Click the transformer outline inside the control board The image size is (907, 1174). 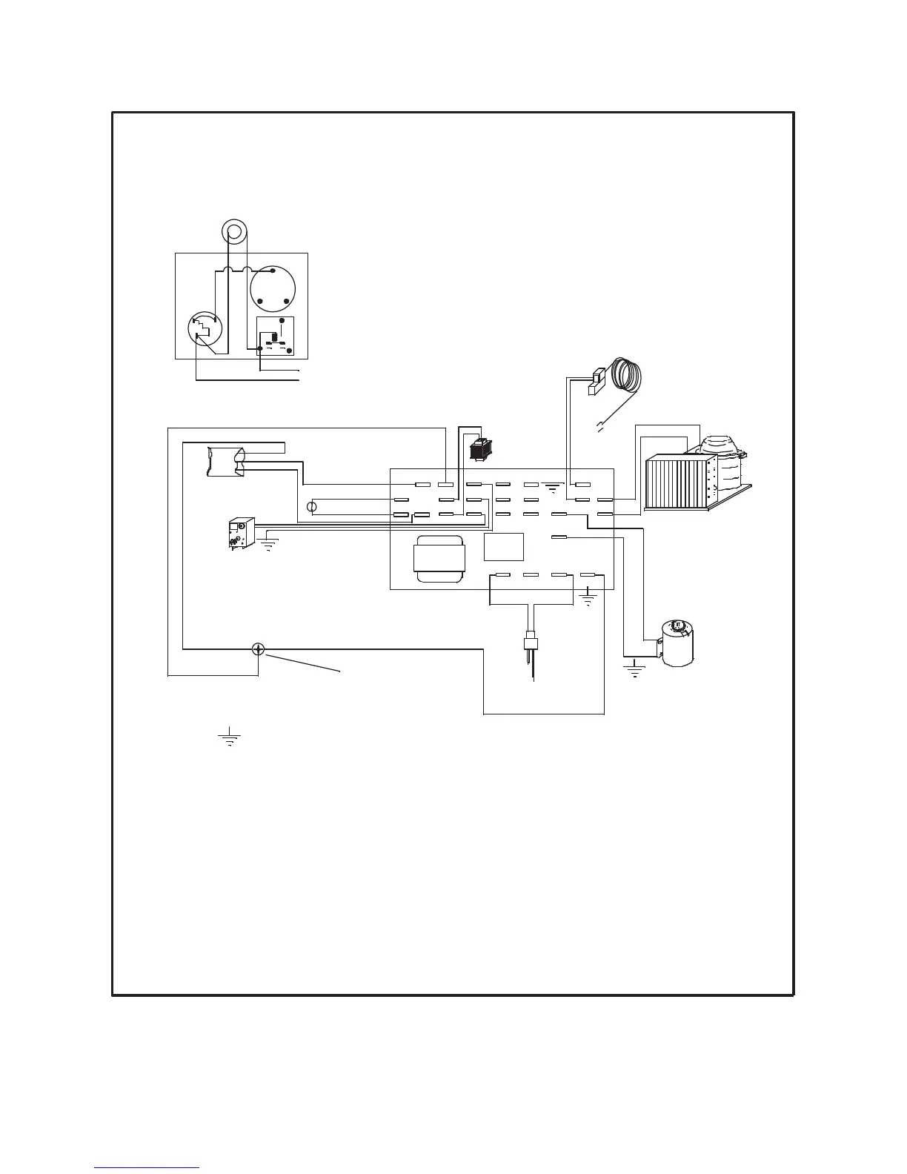439,559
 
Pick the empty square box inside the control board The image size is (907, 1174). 504,547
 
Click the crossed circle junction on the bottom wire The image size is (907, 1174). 257,649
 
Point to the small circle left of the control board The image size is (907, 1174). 312,508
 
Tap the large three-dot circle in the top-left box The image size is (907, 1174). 273,290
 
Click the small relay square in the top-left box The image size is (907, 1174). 275,336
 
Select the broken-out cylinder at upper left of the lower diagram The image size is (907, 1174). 226,462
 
